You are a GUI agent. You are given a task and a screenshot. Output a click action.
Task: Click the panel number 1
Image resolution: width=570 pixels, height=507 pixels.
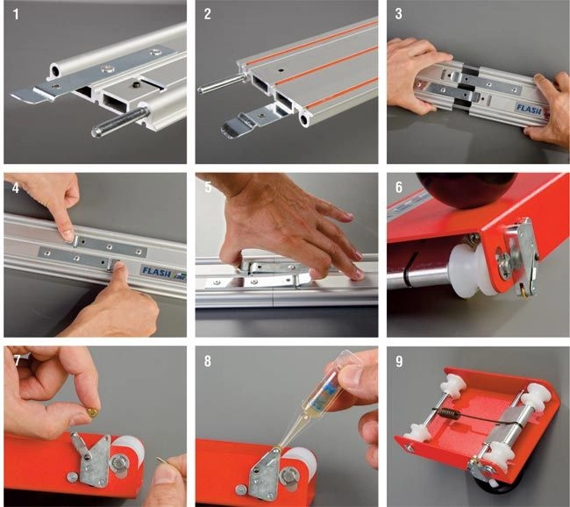coord(16,15)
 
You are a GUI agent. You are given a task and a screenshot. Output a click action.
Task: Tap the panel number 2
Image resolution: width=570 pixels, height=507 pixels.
coord(207,15)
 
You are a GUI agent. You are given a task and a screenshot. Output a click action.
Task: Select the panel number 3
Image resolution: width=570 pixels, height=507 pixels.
coord(398,14)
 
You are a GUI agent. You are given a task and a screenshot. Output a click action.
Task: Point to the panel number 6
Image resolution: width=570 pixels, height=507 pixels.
coord(399,187)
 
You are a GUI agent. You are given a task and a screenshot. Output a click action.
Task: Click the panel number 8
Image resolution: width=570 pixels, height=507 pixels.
coord(207,361)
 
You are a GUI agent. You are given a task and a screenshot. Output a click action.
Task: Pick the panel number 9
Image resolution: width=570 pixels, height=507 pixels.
coord(399,361)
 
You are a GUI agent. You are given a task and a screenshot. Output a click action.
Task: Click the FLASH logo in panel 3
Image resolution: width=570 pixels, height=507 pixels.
coord(529,109)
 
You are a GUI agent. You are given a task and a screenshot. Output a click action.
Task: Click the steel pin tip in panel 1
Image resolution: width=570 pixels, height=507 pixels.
coord(96,131)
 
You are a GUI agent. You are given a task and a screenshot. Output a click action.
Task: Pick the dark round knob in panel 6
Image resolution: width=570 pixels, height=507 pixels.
coord(467,189)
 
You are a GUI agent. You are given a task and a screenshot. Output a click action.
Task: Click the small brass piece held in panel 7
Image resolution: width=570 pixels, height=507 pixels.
coord(93,412)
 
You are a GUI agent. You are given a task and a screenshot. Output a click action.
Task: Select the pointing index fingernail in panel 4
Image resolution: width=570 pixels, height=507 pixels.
coord(68,236)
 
